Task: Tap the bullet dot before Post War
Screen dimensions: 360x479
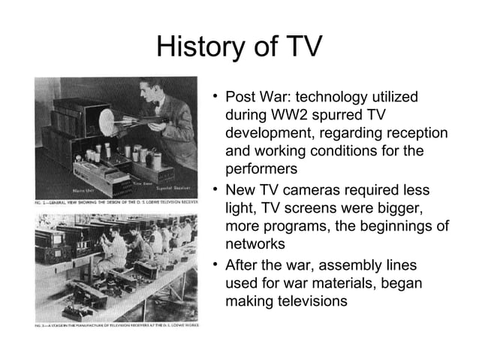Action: tap(215, 97)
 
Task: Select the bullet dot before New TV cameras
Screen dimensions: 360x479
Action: tap(215, 188)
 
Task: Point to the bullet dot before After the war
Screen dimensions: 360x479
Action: tap(215, 265)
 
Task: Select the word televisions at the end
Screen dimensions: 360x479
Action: tap(304, 301)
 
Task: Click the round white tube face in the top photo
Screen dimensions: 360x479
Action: tap(118, 121)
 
